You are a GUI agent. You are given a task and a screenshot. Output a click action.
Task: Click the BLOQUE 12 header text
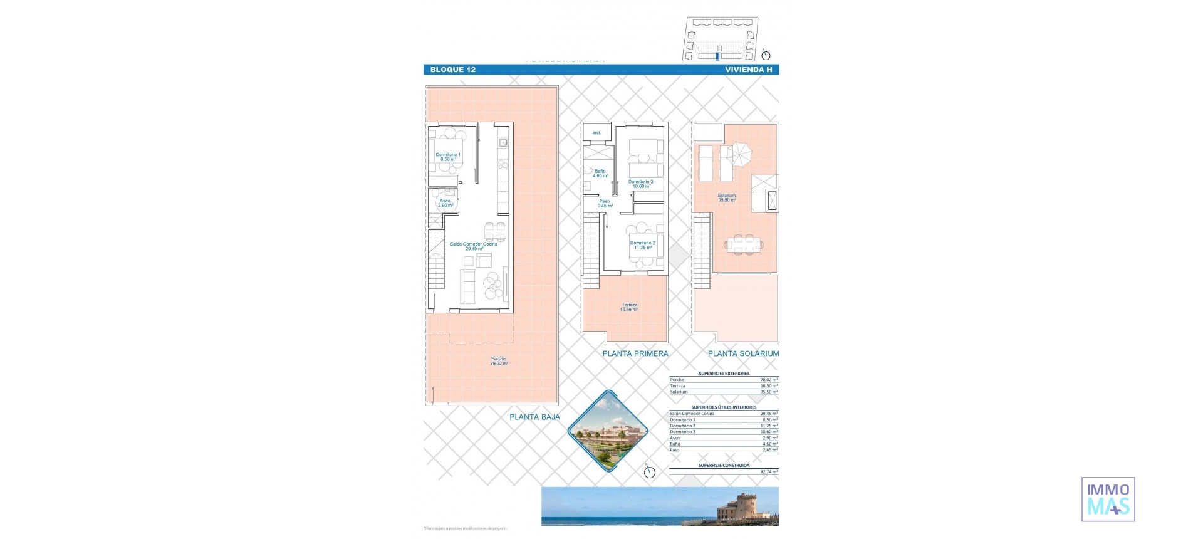click(x=452, y=70)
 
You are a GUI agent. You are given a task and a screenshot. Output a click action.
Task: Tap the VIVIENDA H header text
click(x=748, y=70)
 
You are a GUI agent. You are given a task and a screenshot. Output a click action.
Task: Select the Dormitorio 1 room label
click(x=448, y=157)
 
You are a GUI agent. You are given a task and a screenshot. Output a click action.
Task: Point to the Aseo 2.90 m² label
click(x=445, y=203)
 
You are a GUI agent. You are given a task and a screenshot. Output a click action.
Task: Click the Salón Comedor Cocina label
click(x=473, y=246)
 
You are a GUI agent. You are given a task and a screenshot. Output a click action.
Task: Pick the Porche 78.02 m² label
click(x=499, y=361)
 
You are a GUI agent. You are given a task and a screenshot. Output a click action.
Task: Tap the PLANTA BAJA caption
click(x=534, y=417)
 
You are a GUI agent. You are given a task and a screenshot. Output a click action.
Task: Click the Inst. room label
click(x=596, y=133)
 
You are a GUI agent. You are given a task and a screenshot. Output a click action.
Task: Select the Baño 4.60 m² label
click(x=600, y=174)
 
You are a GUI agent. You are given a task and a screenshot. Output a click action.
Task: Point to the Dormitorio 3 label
click(x=640, y=184)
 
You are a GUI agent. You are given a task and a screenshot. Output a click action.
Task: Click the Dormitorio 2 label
click(x=642, y=245)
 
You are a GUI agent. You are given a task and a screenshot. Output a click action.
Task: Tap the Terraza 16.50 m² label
click(x=629, y=307)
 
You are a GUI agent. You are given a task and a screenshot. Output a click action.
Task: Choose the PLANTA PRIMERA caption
click(x=635, y=353)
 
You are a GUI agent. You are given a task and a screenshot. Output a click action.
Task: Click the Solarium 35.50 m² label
click(x=727, y=197)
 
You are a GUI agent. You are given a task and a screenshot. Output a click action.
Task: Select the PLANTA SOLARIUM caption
click(x=743, y=353)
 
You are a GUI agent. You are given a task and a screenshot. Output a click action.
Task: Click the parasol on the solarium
click(x=741, y=153)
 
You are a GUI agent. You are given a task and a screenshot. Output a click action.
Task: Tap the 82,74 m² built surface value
click(x=769, y=472)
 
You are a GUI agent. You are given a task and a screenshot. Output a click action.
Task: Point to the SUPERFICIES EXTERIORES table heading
click(x=724, y=374)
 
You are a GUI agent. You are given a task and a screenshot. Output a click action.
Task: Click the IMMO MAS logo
click(x=1108, y=499)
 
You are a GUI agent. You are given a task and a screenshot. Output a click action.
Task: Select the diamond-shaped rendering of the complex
click(x=607, y=431)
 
